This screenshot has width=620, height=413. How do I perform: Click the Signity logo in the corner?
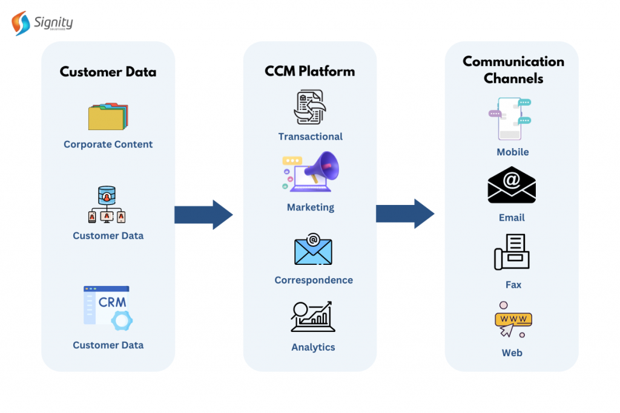(x=42, y=23)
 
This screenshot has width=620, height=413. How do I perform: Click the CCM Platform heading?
(x=309, y=71)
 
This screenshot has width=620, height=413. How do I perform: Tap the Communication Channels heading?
(x=513, y=70)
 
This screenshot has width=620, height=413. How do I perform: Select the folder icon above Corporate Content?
(x=108, y=117)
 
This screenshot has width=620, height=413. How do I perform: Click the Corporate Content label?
(x=108, y=145)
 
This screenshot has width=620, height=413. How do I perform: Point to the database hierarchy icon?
(x=107, y=205)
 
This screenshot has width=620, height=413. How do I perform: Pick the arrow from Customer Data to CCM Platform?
(x=203, y=215)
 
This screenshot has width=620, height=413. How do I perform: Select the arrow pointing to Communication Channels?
(x=404, y=213)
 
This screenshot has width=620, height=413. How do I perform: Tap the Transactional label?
(x=310, y=137)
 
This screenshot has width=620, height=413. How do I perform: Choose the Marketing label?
(x=310, y=207)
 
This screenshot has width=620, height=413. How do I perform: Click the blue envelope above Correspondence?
(x=313, y=249)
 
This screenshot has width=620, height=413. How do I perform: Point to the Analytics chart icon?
(x=312, y=316)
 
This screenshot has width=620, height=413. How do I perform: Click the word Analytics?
(x=313, y=347)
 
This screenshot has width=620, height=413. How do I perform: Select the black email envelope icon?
(x=512, y=185)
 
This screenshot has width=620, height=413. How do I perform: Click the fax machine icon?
(x=512, y=252)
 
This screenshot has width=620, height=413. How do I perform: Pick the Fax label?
(x=513, y=285)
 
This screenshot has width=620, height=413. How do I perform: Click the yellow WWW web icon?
(x=512, y=320)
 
